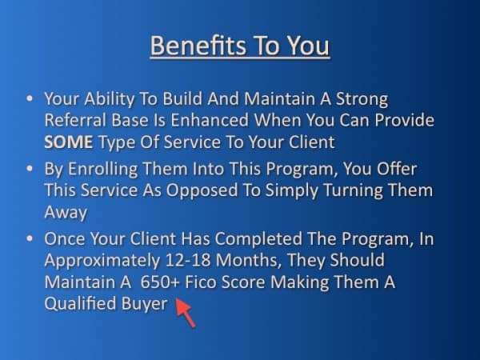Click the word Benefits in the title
[x=198, y=46]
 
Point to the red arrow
[x=186, y=313]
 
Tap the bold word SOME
[x=68, y=142]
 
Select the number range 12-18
[x=188, y=260]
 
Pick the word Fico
[x=201, y=282]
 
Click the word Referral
[x=75, y=120]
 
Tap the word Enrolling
[x=102, y=170]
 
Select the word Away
[x=66, y=212]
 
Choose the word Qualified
[x=80, y=303]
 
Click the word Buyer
[x=145, y=304]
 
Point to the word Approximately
[x=102, y=261]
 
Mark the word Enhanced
[x=210, y=120]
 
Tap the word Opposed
[x=202, y=190]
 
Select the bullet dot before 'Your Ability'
[x=30, y=98]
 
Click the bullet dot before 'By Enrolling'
[x=30, y=168]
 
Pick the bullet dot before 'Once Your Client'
[x=30, y=238]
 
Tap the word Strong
[x=362, y=99]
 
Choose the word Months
[x=249, y=260]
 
